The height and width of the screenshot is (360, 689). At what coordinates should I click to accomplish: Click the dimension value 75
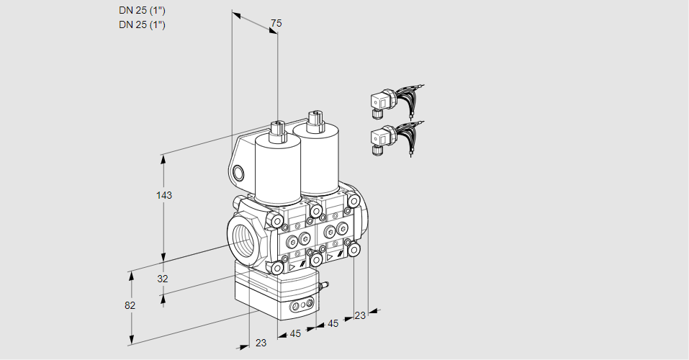[x=276, y=24]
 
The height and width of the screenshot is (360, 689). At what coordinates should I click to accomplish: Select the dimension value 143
[x=165, y=195]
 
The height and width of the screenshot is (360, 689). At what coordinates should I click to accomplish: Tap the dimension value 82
[x=130, y=305]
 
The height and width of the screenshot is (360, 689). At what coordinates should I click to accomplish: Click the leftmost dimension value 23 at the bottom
[x=261, y=343]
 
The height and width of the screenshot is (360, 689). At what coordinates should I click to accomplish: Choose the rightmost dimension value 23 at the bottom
[x=360, y=315]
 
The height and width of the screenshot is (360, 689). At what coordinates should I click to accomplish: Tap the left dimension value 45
[x=295, y=333]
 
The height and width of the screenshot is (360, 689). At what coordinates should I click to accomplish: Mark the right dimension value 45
[x=333, y=323]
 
